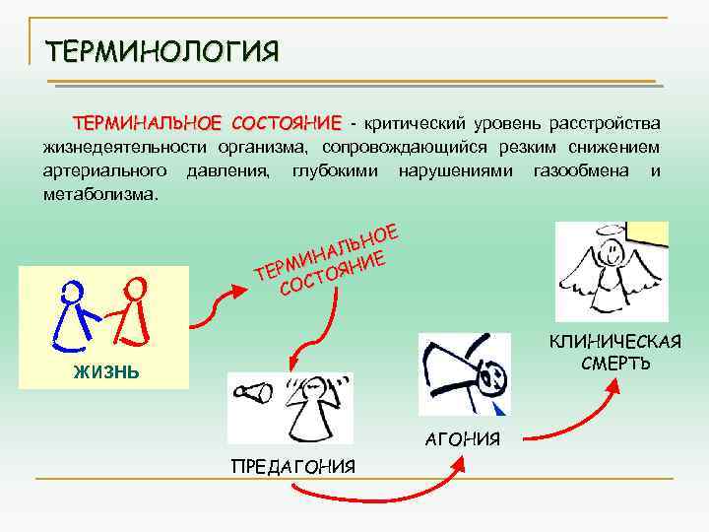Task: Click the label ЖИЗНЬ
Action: [x=105, y=371]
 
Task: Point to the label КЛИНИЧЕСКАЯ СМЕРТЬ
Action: [x=615, y=352]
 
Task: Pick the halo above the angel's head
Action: [x=611, y=233]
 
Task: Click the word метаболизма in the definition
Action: [x=99, y=193]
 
